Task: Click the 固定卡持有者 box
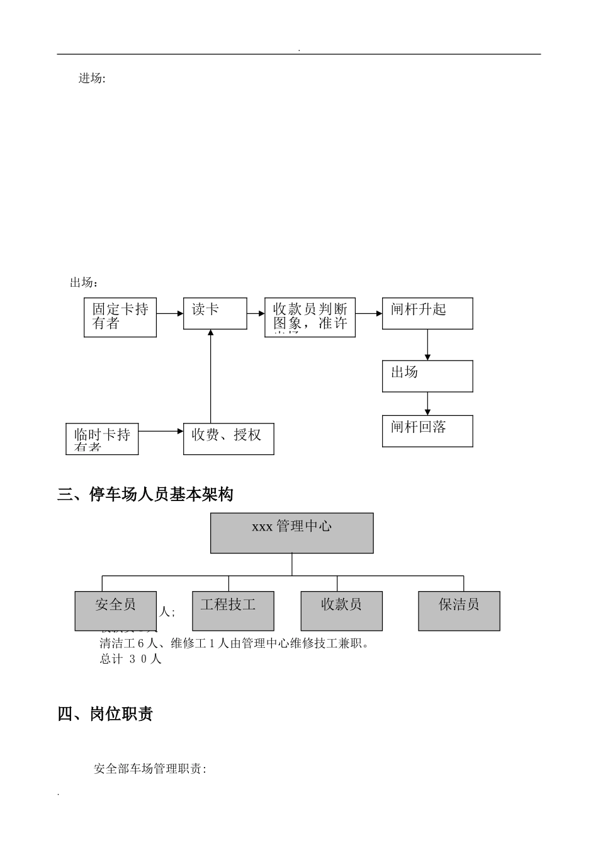click(x=120, y=317)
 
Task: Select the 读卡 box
click(x=215, y=313)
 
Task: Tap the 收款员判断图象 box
click(x=310, y=317)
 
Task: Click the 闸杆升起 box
click(x=427, y=313)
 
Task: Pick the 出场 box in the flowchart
click(x=427, y=376)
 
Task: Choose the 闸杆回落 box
click(x=427, y=431)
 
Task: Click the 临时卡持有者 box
click(x=102, y=439)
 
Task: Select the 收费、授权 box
click(x=228, y=439)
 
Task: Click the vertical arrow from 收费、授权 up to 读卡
click(x=210, y=378)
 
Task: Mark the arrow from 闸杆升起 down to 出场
click(x=427, y=345)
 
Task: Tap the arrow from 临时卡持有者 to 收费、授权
click(x=161, y=432)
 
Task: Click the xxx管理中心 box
click(x=291, y=533)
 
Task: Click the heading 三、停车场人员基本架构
click(x=145, y=495)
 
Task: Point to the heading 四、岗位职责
click(x=105, y=714)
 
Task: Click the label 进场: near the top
click(x=92, y=79)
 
